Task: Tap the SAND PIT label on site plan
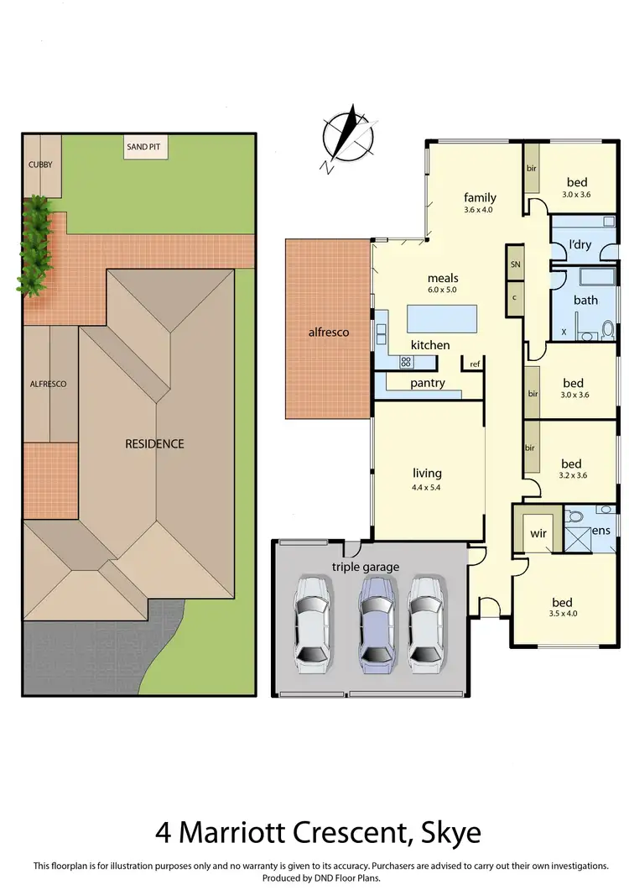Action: [143, 148]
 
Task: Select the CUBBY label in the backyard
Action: [40, 165]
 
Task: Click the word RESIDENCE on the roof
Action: [154, 443]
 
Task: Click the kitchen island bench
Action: [441, 319]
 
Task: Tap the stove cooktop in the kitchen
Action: [407, 362]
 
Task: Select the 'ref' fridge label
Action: [475, 364]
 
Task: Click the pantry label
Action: [427, 384]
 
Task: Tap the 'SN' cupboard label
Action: [515, 264]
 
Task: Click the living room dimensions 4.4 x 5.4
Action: [427, 488]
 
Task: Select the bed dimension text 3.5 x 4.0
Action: [562, 614]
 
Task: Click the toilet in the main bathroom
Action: [608, 330]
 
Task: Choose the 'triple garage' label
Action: [365, 567]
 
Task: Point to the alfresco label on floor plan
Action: [328, 332]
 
